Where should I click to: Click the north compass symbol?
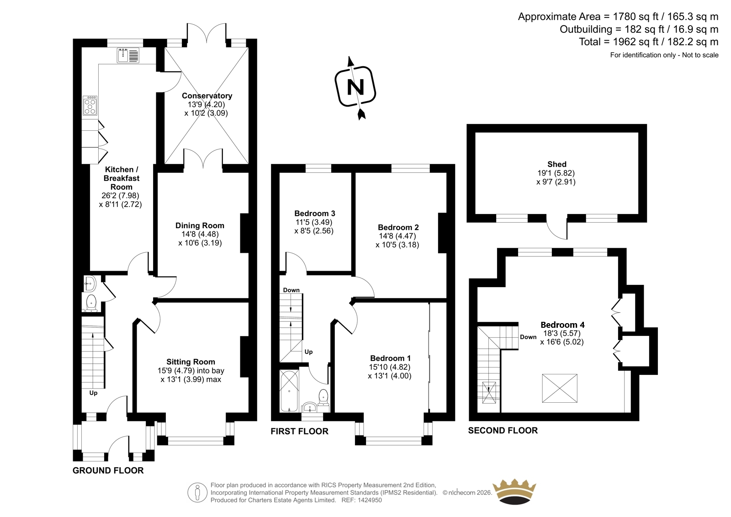pyautogui.click(x=356, y=86)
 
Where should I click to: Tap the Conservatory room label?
pyautogui.click(x=207, y=96)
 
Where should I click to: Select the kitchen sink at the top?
pyautogui.click(x=128, y=55)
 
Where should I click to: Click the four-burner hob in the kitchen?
pyautogui.click(x=90, y=106)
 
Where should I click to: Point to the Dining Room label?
pyautogui.click(x=200, y=225)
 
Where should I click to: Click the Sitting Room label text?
pyautogui.click(x=191, y=362)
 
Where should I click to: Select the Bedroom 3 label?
pyautogui.click(x=315, y=213)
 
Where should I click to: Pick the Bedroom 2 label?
pyautogui.click(x=398, y=227)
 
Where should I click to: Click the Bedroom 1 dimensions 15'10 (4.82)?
pyautogui.click(x=390, y=367)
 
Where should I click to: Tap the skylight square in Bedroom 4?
pyautogui.click(x=560, y=388)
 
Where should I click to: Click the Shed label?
pyautogui.click(x=556, y=164)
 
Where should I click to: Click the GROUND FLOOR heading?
pyautogui.click(x=108, y=470)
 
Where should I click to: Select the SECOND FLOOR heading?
pyautogui.click(x=503, y=430)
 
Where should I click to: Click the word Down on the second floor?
pyautogui.click(x=528, y=337)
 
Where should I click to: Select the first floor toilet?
pyautogui.click(x=324, y=396)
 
